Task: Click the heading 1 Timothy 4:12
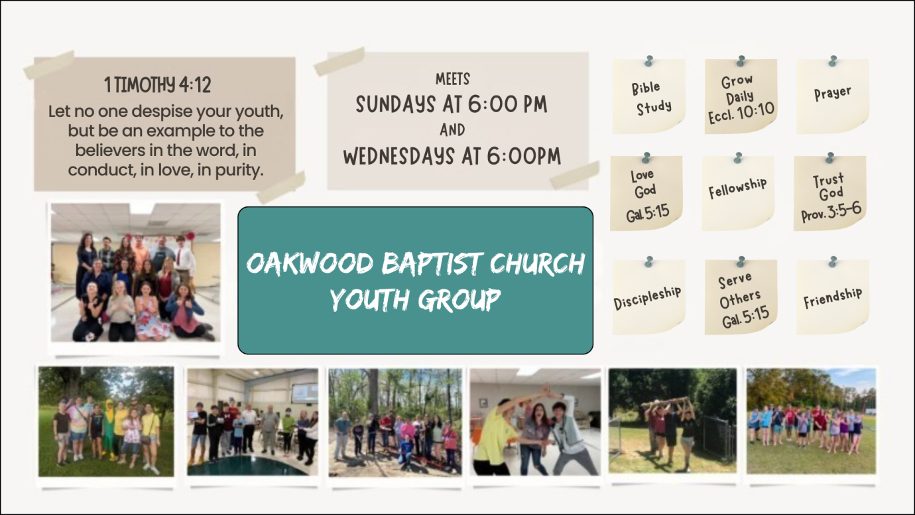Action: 158,85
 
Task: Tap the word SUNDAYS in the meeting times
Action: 392,105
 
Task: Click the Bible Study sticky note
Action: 649,97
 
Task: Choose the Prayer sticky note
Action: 832,94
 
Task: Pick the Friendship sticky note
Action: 833,297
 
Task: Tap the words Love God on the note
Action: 644,183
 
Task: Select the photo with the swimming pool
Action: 252,421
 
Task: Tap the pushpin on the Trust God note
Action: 829,157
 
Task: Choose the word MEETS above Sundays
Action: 453,79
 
